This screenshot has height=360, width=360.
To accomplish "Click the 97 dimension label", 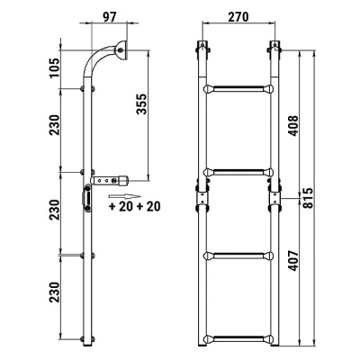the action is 109,17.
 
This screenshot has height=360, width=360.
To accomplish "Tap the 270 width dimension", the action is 238,17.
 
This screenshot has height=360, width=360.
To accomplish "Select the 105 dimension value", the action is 55,68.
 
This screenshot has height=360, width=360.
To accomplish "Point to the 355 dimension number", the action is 141,104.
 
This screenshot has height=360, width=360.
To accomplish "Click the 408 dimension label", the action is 292,126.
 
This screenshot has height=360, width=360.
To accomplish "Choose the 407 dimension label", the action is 292,261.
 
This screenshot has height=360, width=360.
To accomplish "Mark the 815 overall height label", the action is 308,198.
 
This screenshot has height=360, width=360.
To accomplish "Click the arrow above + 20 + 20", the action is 125,196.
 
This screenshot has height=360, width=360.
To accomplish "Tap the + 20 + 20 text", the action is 135,206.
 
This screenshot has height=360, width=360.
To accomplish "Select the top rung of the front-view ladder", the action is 238,89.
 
